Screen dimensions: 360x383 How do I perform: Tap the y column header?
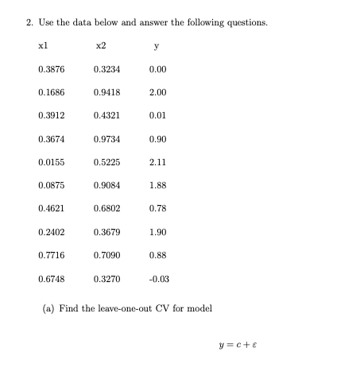(x=157, y=46)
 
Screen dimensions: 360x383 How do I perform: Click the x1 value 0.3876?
(x=52, y=69)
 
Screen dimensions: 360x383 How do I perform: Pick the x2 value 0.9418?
(x=106, y=92)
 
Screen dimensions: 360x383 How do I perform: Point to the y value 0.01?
(x=157, y=116)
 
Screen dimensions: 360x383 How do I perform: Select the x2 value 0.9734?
(x=106, y=139)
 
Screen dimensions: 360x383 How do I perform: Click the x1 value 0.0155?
(x=52, y=163)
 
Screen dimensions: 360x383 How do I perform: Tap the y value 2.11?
(x=157, y=163)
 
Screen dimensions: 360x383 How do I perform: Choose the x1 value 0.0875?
(x=52, y=186)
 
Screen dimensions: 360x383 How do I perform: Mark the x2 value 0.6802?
(x=106, y=209)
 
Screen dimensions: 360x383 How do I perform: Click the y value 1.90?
(x=157, y=233)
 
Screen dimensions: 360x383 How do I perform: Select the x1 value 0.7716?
(x=52, y=256)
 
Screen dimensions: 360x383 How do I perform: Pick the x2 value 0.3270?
(x=106, y=279)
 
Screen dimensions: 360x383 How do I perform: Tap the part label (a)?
(x=48, y=308)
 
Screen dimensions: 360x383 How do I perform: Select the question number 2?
(x=29, y=21)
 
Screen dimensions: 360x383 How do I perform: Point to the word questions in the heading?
(x=246, y=21)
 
